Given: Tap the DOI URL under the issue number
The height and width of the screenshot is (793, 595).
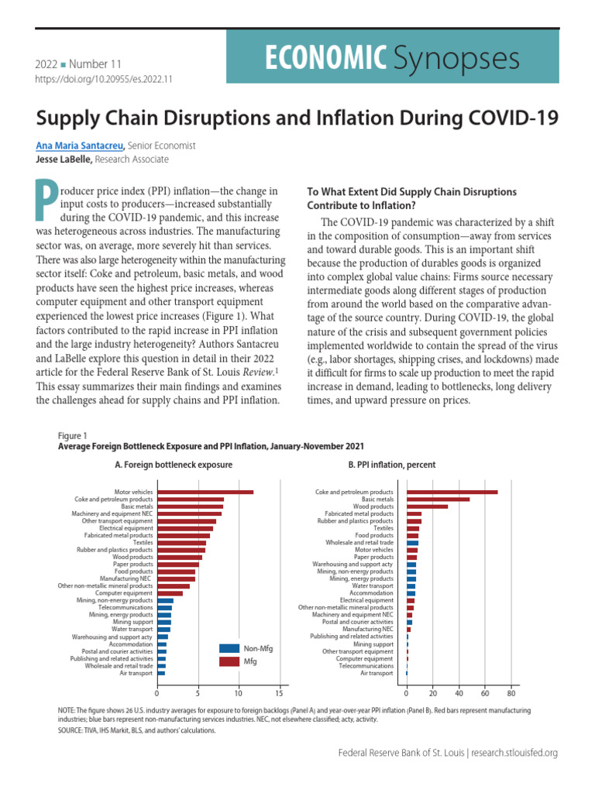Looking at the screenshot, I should pos(104,79).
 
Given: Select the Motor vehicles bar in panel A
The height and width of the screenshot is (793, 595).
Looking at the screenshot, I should pos(205,492).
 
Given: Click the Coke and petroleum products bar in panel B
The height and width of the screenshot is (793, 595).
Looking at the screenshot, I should pos(452,492).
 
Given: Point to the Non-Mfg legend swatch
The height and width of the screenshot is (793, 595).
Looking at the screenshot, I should pos(229,649).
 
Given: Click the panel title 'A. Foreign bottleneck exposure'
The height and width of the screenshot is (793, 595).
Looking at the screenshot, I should pos(174,465).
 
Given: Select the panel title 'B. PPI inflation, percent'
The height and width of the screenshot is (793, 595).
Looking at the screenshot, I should pos(392,465).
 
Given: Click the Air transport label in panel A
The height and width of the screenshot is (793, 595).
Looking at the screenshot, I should pos(136,673).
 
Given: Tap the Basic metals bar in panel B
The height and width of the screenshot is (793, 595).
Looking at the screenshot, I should pos(438,499).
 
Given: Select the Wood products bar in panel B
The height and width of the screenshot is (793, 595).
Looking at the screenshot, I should pos(427,506).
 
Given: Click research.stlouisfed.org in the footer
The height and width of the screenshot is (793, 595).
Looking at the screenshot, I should pos(514,753).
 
